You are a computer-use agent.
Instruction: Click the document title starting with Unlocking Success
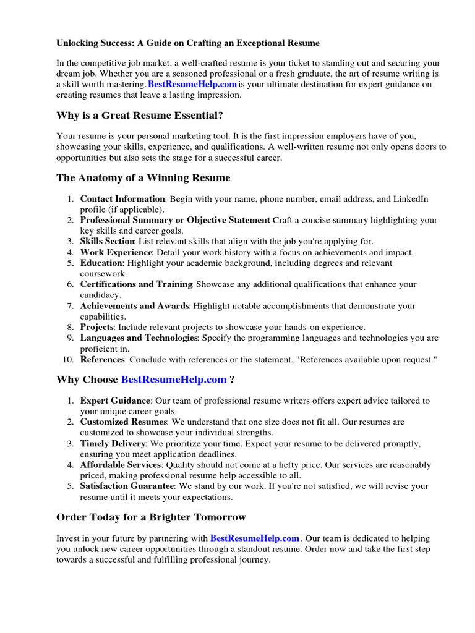(188, 43)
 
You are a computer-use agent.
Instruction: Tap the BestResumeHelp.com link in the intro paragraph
(192, 84)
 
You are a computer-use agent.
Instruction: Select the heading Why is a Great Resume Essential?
(140, 116)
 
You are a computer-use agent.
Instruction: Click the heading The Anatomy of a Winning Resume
(143, 178)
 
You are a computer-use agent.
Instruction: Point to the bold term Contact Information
(122, 199)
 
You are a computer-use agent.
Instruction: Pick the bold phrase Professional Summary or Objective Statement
(175, 220)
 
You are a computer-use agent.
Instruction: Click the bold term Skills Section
(107, 241)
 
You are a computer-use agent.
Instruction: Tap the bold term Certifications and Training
(136, 284)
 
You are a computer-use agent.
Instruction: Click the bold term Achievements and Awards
(134, 306)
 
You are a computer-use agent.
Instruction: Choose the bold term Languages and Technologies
(139, 338)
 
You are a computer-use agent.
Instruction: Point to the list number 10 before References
(69, 360)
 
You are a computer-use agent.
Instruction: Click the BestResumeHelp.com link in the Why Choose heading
(174, 380)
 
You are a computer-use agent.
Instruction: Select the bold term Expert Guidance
(115, 401)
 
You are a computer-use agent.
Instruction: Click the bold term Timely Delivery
(113, 444)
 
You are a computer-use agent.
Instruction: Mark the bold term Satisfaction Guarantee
(127, 486)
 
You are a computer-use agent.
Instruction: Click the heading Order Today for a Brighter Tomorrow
(151, 517)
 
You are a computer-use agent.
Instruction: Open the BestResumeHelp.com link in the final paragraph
(255, 538)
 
